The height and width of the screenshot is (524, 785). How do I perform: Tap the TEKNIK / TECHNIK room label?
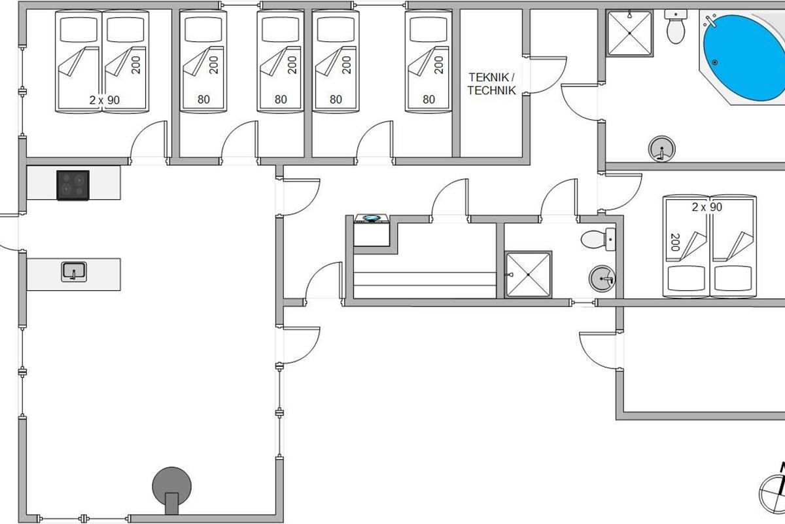(491, 84)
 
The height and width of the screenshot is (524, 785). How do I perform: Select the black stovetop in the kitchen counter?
(73, 185)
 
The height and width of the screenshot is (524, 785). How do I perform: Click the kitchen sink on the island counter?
(74, 271)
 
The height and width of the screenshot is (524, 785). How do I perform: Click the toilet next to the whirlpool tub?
(674, 28)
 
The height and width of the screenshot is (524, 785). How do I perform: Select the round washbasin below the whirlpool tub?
(661, 149)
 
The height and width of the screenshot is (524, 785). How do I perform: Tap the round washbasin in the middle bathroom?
(602, 279)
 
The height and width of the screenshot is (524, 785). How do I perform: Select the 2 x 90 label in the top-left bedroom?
(104, 100)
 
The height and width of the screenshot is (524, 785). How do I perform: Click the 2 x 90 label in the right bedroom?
(706, 207)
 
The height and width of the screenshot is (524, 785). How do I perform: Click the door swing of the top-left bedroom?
(145, 141)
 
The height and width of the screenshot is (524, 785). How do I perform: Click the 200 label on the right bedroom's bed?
(675, 242)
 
